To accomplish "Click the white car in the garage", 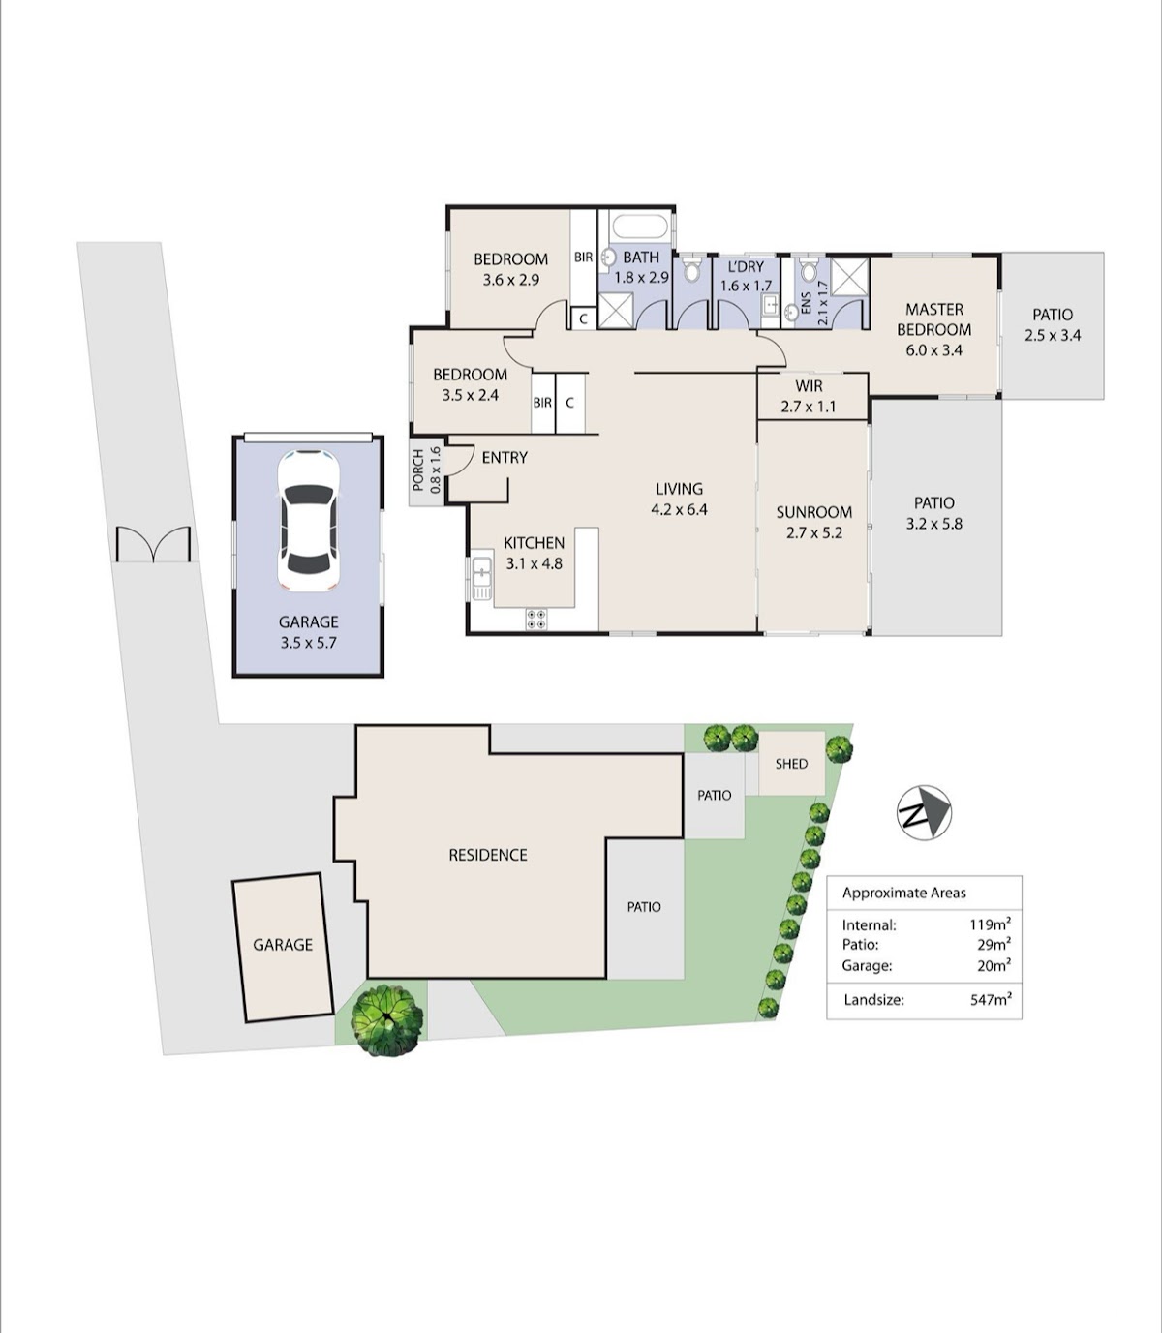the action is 309,520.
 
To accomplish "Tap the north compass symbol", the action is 924,812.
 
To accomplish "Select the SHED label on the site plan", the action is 791,764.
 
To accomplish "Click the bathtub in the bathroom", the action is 640,227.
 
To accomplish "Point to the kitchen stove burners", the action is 537,619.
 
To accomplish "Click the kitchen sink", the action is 481,579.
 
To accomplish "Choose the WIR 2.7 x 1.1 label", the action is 809,396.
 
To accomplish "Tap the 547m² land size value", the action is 991,999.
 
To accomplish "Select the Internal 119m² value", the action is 991,924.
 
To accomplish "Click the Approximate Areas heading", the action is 903,894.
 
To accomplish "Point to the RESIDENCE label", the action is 487,855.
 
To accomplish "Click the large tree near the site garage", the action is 387,1019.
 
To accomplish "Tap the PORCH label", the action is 418,470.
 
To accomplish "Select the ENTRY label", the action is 505,457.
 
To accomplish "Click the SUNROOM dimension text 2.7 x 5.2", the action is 814,533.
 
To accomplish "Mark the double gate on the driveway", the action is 153,545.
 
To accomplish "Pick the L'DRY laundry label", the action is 746,266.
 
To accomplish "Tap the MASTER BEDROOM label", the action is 933,319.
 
